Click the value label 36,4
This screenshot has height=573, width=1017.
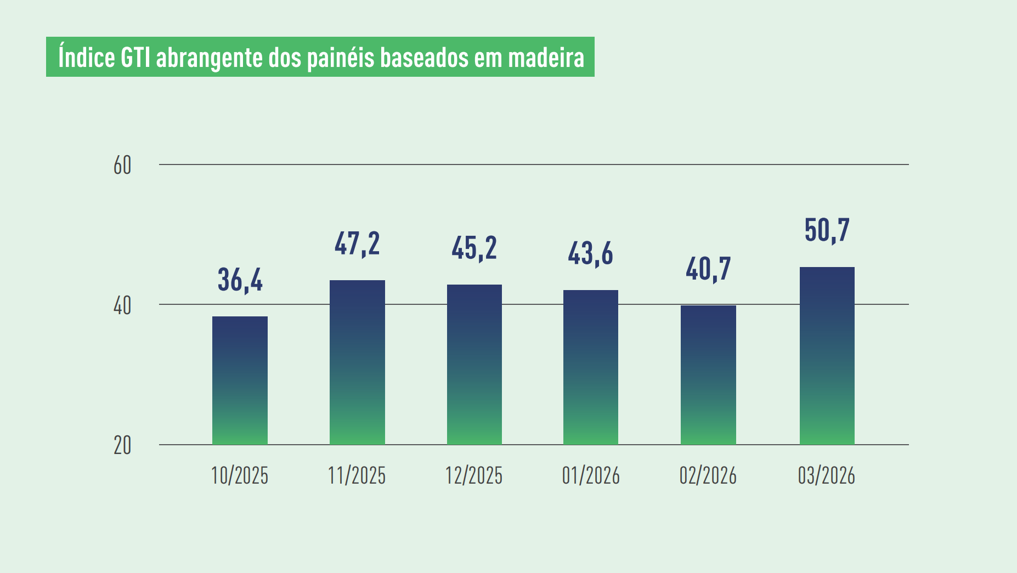coord(240,280)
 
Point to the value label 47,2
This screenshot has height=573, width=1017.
coord(357,243)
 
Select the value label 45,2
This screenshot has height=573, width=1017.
coord(474,248)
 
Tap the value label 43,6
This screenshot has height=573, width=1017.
coord(590,253)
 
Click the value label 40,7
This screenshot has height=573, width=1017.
coord(708,269)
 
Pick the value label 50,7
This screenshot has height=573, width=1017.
coord(827,230)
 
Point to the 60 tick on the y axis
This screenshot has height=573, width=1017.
coord(122,165)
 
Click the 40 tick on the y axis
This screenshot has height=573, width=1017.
coord(122,305)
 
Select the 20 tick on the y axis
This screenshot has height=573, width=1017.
coord(122,446)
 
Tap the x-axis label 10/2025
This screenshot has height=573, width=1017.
coord(240,475)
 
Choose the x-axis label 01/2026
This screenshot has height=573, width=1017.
coord(590,475)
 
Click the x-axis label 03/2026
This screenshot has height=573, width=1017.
coord(827,475)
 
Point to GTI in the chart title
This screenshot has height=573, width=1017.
coord(135,58)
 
